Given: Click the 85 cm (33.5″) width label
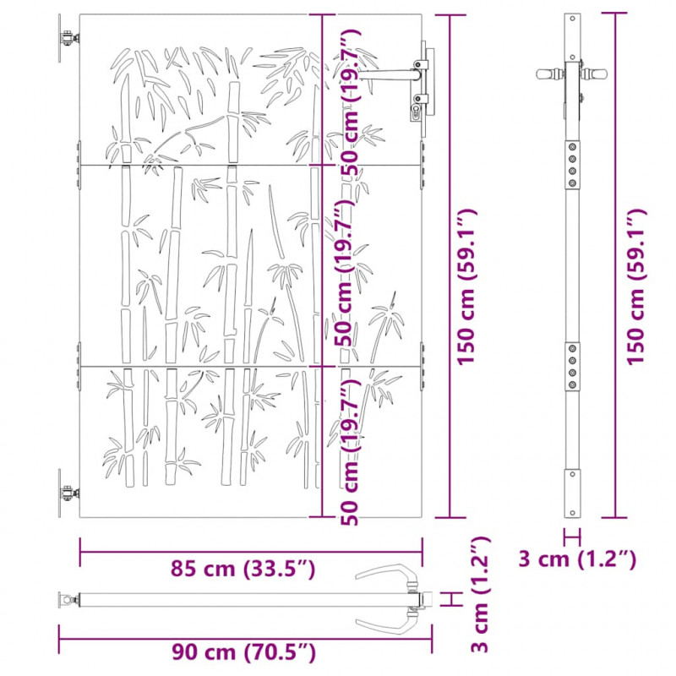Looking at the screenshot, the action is click(243, 569).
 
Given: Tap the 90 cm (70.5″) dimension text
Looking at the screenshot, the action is click(243, 651).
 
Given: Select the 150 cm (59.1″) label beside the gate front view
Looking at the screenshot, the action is click(466, 287).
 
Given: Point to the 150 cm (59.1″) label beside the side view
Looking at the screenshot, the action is click(636, 287).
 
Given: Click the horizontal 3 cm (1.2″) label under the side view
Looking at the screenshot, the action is click(577, 559).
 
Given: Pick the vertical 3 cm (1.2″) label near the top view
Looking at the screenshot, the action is click(480, 595).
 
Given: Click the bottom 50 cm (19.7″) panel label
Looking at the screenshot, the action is click(350, 452).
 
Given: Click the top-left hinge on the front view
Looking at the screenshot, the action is click(68, 38).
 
